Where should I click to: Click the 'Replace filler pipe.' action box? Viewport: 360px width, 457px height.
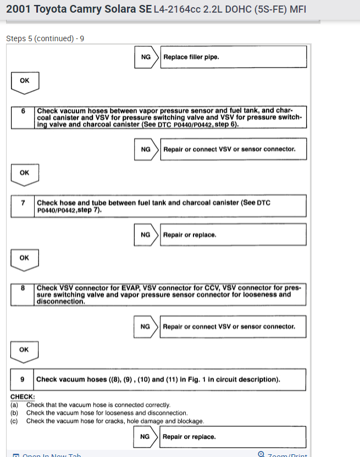tap(233, 57)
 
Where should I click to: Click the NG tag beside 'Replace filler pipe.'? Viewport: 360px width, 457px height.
tap(146, 57)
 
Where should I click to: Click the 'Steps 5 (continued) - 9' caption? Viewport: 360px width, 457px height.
tap(45, 38)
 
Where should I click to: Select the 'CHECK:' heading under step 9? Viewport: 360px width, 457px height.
tap(23, 397)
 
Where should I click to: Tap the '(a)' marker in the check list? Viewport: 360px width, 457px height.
tap(14, 405)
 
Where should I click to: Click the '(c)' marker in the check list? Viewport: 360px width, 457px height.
tap(14, 421)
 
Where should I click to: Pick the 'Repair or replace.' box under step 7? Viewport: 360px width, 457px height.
tap(233, 235)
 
